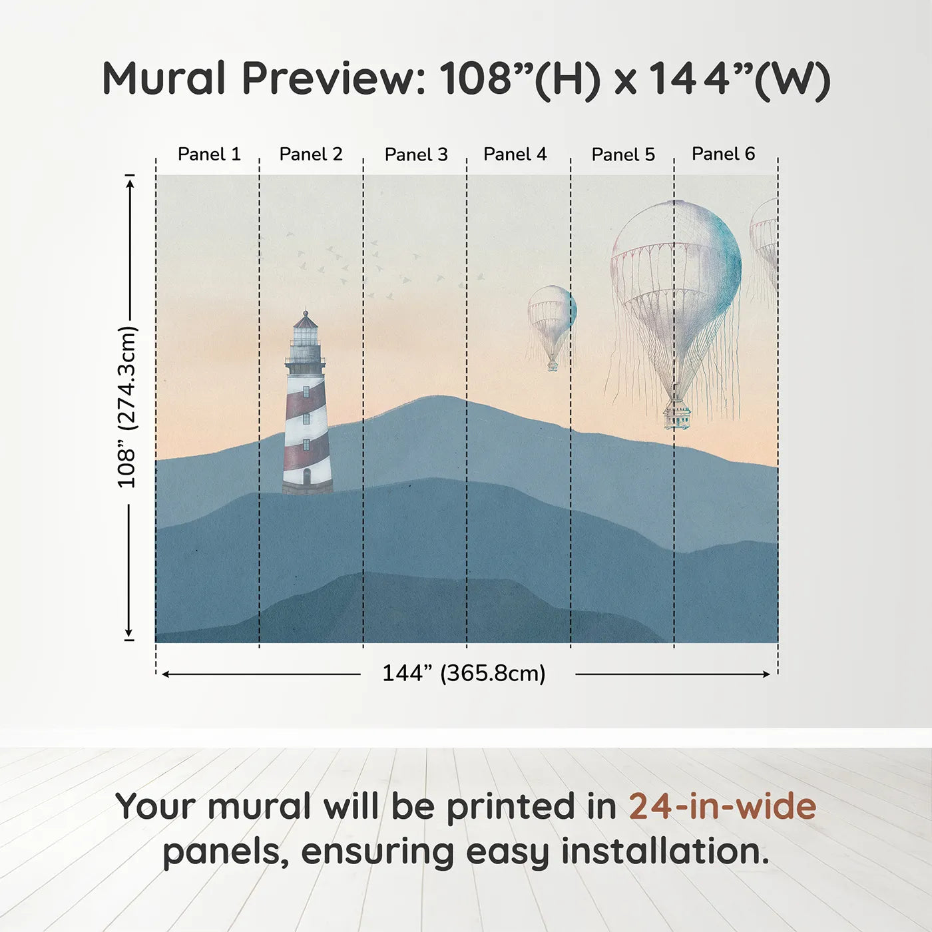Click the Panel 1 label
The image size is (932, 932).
pyautogui.click(x=209, y=154)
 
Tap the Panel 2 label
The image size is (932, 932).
pyautogui.click(x=311, y=154)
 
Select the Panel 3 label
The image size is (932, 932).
pyautogui.click(x=417, y=154)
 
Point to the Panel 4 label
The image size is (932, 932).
pyautogui.click(x=515, y=154)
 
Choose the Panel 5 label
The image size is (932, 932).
pyautogui.click(x=623, y=154)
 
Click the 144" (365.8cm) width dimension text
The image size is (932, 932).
pyautogui.click(x=464, y=673)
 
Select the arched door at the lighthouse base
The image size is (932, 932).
pyautogui.click(x=307, y=477)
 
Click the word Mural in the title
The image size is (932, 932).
pyautogui.click(x=164, y=77)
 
